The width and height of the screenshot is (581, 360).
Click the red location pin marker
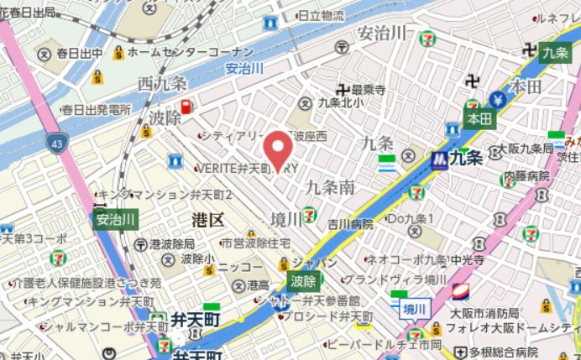tap(278, 151)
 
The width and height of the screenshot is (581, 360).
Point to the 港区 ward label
tap(207, 220)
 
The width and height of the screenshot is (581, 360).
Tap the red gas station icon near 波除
tap(186, 107)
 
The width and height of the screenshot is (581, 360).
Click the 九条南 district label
tap(329, 186)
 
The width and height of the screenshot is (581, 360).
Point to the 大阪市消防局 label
tap(483, 313)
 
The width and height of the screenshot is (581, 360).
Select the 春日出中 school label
tap(80, 54)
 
